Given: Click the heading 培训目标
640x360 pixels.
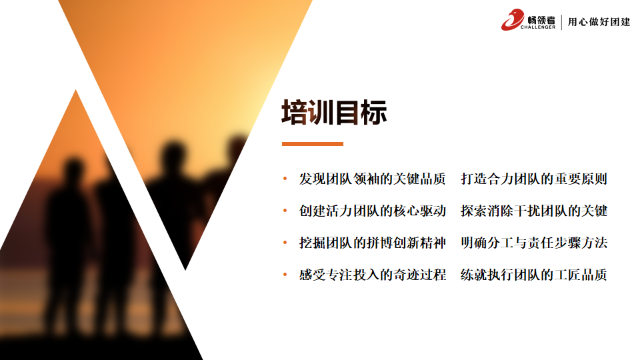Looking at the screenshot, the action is click(334, 112).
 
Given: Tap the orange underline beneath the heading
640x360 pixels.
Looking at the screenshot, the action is click(312, 144).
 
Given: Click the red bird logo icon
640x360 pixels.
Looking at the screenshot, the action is click(512, 19).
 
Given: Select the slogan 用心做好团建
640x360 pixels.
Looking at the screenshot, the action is click(599, 21).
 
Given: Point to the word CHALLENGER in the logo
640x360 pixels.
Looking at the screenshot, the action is click(538, 27).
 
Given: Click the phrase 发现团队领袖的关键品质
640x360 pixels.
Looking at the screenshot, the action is click(372, 179).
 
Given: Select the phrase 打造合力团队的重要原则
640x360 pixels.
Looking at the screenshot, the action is click(534, 179).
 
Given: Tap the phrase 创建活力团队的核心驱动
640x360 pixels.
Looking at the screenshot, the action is click(372, 211).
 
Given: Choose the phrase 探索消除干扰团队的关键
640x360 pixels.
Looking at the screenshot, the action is click(534, 211).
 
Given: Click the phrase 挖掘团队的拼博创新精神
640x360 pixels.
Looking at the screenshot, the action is click(372, 243).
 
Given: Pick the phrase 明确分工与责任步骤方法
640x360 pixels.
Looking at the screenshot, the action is click(534, 243).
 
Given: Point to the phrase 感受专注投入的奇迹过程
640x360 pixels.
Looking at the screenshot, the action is click(372, 275).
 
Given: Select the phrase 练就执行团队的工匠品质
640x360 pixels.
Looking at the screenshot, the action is click(534, 275).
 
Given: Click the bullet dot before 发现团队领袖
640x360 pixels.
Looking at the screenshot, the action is click(285, 179).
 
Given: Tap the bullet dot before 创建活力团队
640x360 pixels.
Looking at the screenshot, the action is click(285, 211).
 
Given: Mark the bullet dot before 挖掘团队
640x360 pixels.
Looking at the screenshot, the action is click(285, 243).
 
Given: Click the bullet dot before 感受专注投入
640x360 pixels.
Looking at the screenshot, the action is click(285, 275).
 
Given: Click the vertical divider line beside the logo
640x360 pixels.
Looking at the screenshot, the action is click(561, 22).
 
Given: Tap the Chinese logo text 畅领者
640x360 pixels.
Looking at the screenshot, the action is click(541, 20).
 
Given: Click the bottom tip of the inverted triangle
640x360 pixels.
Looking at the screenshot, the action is click(185, 270).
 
